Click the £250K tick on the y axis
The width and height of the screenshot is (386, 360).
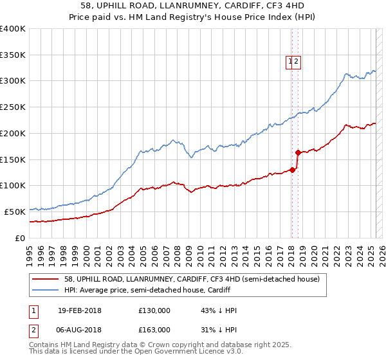point(13,107)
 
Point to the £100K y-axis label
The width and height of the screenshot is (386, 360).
point(13,186)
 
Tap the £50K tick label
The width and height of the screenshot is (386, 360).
point(15,212)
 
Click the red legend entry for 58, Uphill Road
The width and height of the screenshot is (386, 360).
point(187,278)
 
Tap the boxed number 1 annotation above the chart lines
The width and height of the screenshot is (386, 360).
point(291,62)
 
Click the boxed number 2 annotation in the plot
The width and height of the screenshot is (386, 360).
point(298,62)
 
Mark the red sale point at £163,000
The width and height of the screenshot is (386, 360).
point(298,152)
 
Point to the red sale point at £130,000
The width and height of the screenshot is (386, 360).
point(292,170)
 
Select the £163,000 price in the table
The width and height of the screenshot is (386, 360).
point(154,329)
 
